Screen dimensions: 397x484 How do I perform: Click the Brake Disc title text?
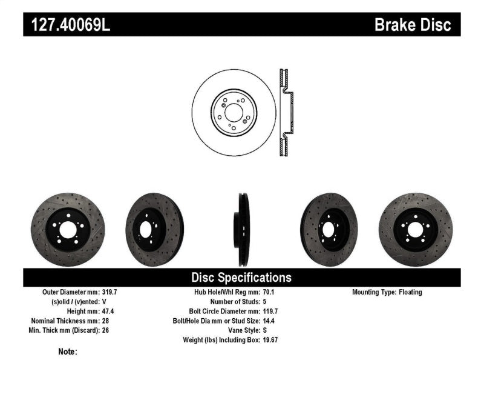(x=413, y=25)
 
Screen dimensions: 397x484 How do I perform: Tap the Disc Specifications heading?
(x=241, y=278)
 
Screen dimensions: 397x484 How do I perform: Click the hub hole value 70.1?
(x=269, y=292)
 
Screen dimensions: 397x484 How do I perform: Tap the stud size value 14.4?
(x=269, y=321)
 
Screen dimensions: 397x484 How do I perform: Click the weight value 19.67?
(x=270, y=340)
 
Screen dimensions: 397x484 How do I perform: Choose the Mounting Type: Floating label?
(x=387, y=292)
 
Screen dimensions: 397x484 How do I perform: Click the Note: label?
(x=68, y=352)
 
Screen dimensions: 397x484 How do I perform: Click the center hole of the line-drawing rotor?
(x=234, y=112)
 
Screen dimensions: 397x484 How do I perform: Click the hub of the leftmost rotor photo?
(x=67, y=229)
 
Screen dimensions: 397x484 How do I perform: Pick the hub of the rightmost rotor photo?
(x=415, y=229)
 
